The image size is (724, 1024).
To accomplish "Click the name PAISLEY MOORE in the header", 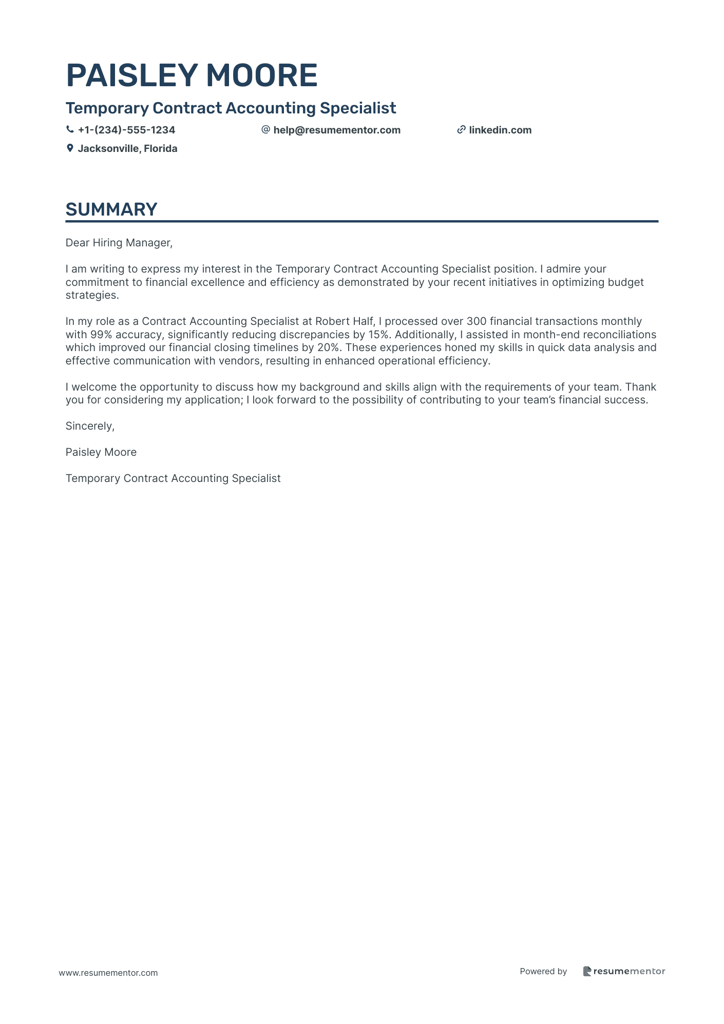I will coord(192,75).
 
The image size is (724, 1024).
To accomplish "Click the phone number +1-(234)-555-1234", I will coord(126,130).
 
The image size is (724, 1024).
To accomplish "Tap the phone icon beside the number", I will coord(70,130).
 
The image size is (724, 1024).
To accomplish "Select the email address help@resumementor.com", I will coord(337,130).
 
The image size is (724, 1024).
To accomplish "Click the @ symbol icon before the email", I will coord(265,130).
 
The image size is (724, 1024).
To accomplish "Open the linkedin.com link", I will coord(500,130).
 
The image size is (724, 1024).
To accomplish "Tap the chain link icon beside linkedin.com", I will coord(461,130).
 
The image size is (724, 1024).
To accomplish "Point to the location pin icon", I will coord(70,148).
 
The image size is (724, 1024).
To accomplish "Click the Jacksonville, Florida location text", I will coord(127,148).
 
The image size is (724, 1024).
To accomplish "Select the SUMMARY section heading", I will coord(111,209).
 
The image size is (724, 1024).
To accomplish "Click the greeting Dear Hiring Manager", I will coord(119,243).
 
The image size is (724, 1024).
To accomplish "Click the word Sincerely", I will coord(90,426).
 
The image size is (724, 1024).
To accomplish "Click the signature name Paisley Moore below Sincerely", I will coord(101,452).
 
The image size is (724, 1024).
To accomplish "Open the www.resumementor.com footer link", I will coord(108,973).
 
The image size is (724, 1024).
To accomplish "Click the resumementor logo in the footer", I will coord(624,971).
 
